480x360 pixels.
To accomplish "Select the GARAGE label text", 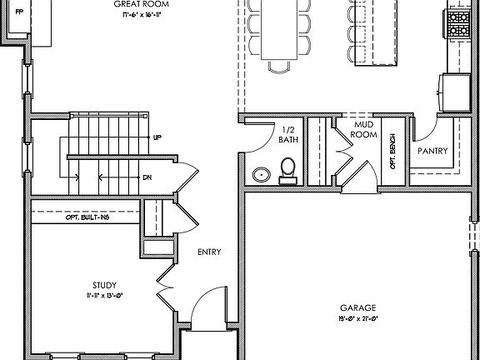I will tap(358, 307).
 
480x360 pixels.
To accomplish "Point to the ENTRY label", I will tap(208, 252).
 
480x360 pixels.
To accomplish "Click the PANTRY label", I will tap(432, 152).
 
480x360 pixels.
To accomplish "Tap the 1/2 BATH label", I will tap(288, 135).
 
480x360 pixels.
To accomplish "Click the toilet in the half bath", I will tap(288, 170).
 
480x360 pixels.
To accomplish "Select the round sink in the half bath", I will tap(262, 175).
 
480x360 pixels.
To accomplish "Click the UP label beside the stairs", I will tap(157, 137).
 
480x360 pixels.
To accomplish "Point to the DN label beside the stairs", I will tap(147, 177).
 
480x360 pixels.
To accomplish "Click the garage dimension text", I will tap(358, 318).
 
